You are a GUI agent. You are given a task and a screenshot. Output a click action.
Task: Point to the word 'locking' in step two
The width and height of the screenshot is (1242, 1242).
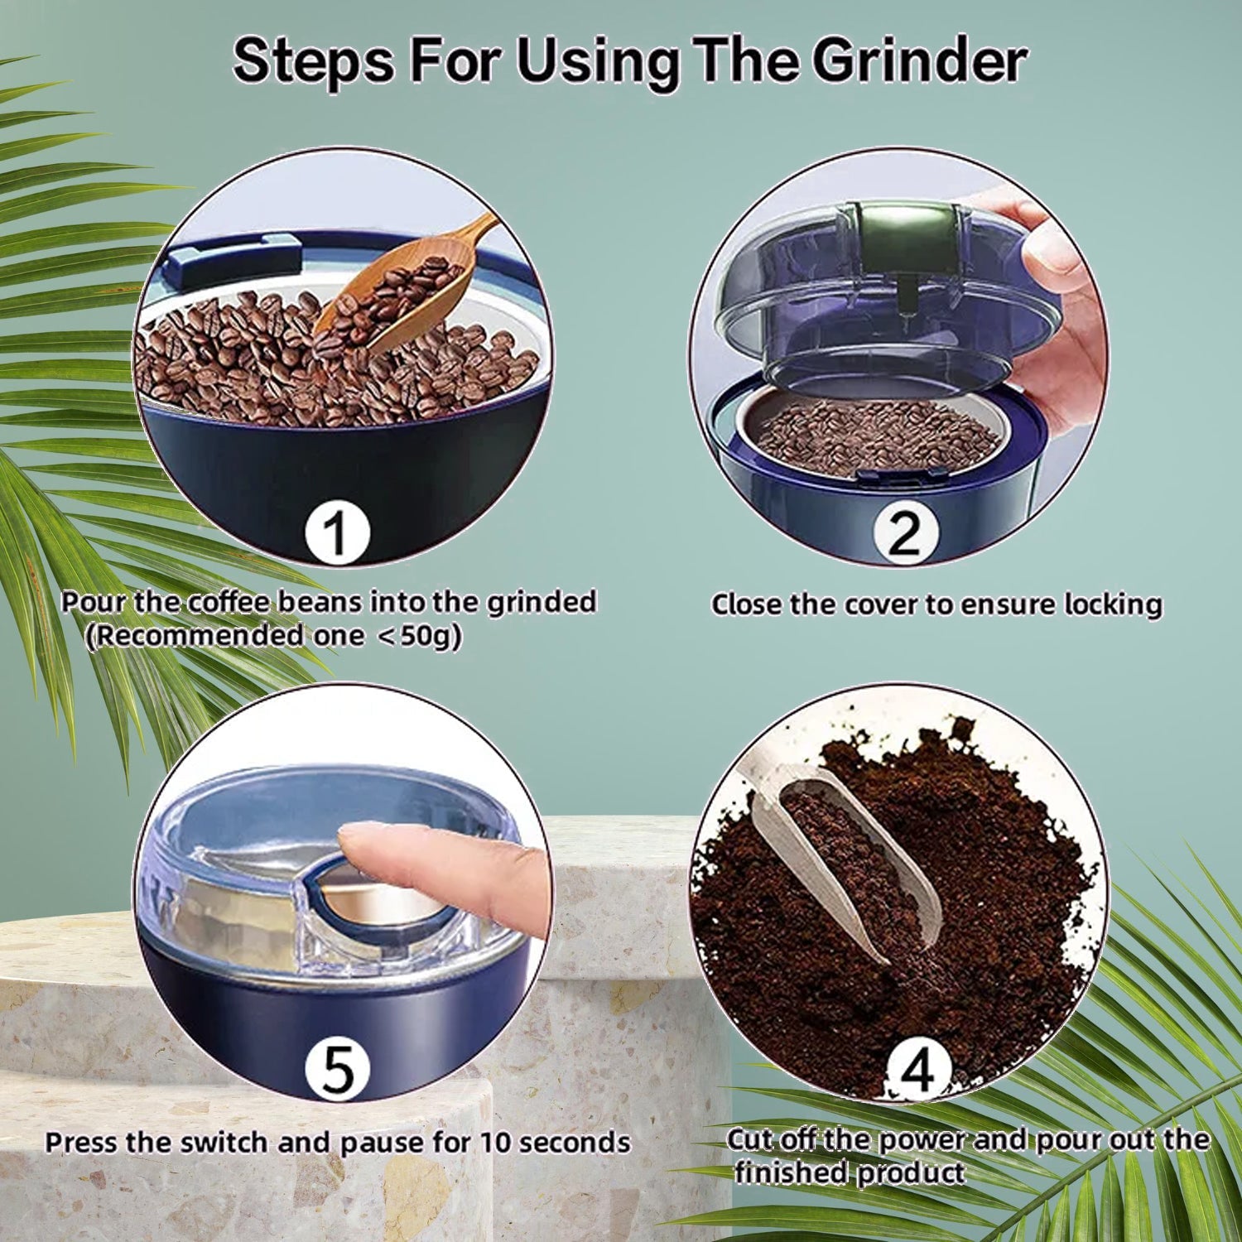1113,604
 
